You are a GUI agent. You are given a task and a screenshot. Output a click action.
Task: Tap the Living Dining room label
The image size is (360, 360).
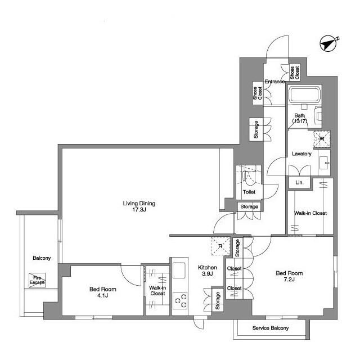coord(139,206)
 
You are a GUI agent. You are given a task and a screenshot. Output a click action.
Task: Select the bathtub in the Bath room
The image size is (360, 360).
coord(304,94)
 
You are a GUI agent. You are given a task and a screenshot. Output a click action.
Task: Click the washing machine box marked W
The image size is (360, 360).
coord(322,139)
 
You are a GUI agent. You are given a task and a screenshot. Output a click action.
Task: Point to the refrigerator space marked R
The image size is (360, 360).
coord(220,246)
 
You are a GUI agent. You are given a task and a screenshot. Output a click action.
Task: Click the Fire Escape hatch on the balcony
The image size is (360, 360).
coord(37,280)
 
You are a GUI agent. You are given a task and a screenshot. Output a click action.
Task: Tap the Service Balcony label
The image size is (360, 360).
coord(271,328)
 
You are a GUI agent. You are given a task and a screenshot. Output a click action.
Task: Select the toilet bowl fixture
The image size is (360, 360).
coord(249,177)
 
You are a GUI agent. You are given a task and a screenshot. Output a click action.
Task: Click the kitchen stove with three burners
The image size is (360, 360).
coord(180,301)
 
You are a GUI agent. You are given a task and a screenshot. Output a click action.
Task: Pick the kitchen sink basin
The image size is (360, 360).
coord(179,270)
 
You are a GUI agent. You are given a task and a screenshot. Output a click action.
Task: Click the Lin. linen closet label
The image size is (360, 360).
coord(299,182)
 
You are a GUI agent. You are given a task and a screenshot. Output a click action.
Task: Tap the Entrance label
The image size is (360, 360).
coord(274,82)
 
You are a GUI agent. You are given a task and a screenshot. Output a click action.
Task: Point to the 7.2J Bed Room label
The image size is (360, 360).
coord(289,276)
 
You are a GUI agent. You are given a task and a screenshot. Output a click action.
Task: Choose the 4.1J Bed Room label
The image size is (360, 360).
coord(102,292)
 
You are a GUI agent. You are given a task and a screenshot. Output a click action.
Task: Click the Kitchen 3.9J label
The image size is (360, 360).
coord(208,271)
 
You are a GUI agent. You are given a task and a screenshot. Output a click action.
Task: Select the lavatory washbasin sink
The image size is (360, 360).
coord(324,163)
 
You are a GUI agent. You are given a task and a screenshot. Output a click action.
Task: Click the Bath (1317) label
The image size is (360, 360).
coord(300,118)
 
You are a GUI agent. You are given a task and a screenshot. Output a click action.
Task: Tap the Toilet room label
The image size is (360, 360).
coord(249,192)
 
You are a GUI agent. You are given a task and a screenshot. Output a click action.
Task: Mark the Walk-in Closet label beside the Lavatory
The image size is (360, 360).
coord(310,213)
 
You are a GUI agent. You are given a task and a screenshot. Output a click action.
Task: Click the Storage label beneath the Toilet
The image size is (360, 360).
coord(249,206)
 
